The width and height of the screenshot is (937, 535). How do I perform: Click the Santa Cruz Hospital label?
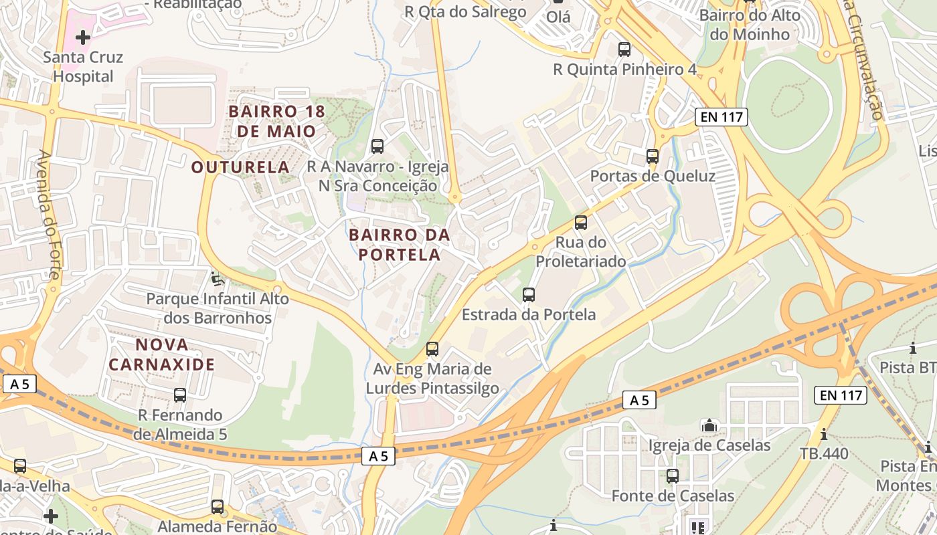(x=83, y=67)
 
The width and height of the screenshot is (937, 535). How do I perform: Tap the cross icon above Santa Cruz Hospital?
(x=83, y=37)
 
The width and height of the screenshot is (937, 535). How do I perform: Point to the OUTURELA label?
(x=240, y=167)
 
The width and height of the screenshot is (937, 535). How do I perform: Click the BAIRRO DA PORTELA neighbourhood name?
(x=400, y=245)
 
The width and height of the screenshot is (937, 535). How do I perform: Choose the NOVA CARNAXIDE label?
(x=162, y=354)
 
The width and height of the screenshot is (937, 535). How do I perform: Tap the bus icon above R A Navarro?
(x=377, y=146)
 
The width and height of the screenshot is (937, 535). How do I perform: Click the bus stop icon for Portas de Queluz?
(x=653, y=156)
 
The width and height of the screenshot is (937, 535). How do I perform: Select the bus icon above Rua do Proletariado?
(x=581, y=223)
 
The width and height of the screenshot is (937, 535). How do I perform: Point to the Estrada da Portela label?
(x=529, y=314)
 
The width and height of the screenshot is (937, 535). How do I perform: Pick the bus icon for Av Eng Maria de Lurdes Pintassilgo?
(x=432, y=348)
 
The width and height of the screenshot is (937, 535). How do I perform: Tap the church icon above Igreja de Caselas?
(x=709, y=425)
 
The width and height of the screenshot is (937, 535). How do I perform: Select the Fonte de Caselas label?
(x=673, y=496)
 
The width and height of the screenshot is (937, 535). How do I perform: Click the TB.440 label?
(x=824, y=453)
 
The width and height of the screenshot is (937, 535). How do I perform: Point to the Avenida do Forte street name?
(x=50, y=214)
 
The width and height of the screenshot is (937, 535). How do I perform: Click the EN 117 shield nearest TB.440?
(x=841, y=395)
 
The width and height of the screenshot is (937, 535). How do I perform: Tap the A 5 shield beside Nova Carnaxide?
(x=19, y=384)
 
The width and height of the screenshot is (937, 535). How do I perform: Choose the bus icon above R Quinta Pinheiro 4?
(x=624, y=49)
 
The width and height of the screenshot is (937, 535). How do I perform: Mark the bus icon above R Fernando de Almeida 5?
(x=180, y=395)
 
